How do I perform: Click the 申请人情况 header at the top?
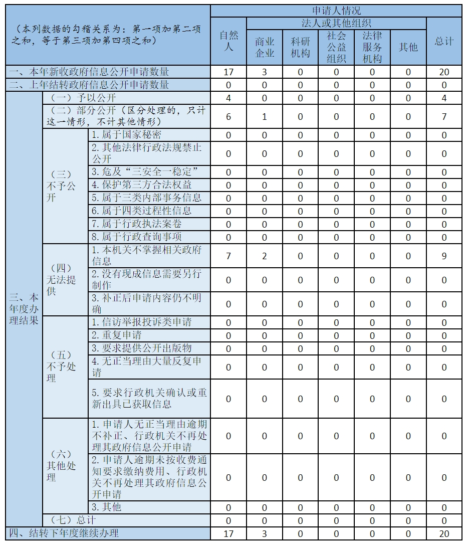tap(336, 11)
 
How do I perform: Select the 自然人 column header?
tap(228, 41)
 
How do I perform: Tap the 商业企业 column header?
tap(265, 47)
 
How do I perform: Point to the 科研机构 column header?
tap(300, 47)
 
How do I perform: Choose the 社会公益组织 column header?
tap(336, 47)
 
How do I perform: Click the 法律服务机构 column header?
tap(372, 47)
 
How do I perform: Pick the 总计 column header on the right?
tap(444, 41)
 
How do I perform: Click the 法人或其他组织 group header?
tap(336, 23)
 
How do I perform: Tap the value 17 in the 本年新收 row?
tap(228, 72)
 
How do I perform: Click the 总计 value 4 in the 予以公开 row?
tap(444, 98)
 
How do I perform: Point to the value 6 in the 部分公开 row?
tap(228, 117)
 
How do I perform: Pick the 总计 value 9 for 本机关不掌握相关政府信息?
tap(444, 256)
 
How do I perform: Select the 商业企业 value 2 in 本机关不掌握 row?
tap(265, 256)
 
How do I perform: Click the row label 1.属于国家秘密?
tap(126, 134)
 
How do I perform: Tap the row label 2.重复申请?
tap(116, 335)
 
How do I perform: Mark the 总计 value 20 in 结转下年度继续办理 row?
tap(444, 533)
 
